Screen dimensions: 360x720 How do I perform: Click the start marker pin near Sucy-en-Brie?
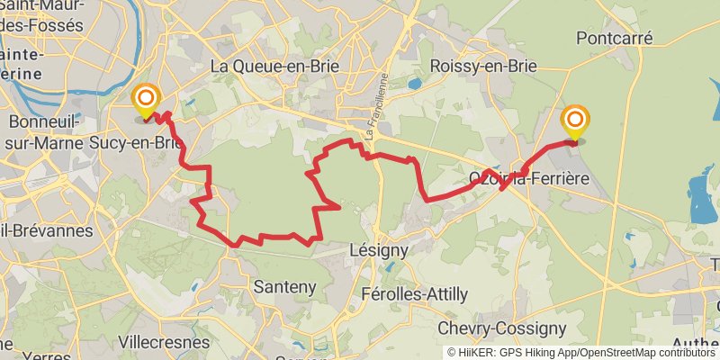point(145,101)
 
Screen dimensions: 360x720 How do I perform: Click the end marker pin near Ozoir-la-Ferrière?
point(575,122)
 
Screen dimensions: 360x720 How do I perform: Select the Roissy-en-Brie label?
point(483,66)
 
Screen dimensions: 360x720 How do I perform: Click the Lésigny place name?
point(378,250)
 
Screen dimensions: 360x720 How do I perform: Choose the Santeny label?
point(285,288)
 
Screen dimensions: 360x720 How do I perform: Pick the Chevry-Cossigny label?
point(501,329)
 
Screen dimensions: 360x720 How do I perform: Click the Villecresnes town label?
point(165,342)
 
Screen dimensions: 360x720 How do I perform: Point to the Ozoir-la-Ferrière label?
point(528,179)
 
